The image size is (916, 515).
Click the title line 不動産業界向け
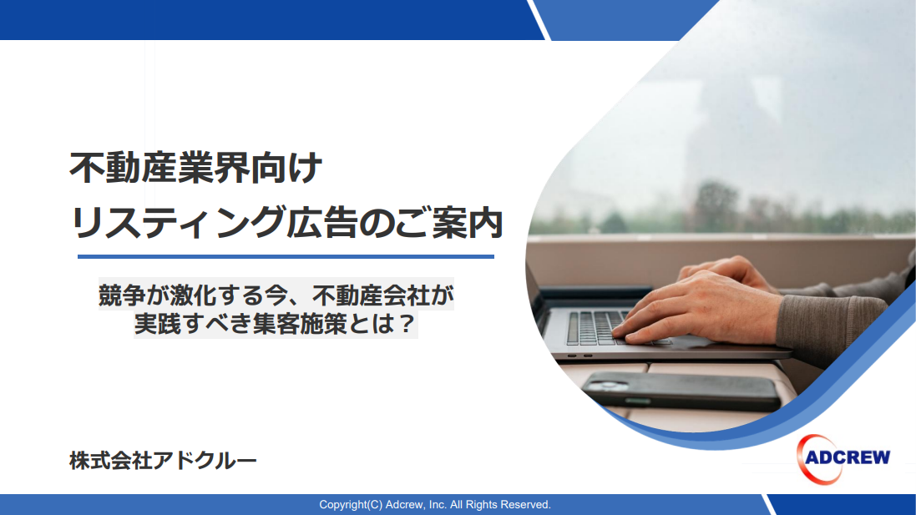195,168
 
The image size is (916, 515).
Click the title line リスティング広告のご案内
286,222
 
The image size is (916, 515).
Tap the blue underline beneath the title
286,256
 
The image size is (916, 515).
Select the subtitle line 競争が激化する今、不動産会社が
276,295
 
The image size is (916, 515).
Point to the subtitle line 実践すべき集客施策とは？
276,324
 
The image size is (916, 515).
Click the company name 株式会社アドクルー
163,461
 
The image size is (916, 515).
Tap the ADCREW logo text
847,457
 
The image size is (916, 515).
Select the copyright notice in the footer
435,504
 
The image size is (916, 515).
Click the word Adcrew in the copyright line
404,504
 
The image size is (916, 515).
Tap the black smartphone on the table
681,390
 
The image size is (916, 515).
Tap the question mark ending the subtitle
406,324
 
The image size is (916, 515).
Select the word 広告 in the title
322,222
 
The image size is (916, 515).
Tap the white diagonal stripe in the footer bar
769,504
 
